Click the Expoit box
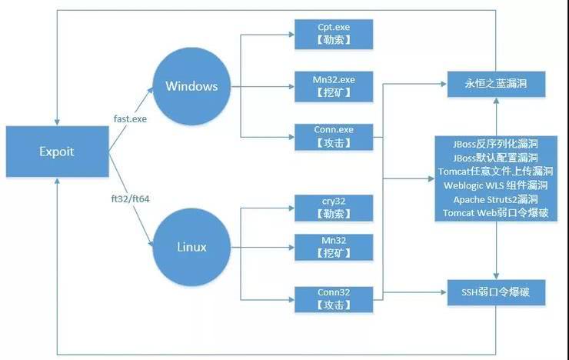58,152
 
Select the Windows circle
191,86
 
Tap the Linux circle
191,247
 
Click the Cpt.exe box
334,34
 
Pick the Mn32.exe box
334,87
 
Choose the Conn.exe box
334,137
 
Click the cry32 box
334,208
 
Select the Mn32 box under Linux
334,248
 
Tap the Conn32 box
334,299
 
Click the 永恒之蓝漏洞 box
496,84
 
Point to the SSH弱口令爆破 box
496,292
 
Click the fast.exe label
130,119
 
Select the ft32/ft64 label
130,199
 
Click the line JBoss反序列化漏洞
495,144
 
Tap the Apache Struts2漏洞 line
496,199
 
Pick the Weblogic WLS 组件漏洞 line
496,185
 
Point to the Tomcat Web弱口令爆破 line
496,213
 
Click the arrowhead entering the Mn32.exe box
291,87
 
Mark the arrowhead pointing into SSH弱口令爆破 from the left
444,292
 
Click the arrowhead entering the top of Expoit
57,122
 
